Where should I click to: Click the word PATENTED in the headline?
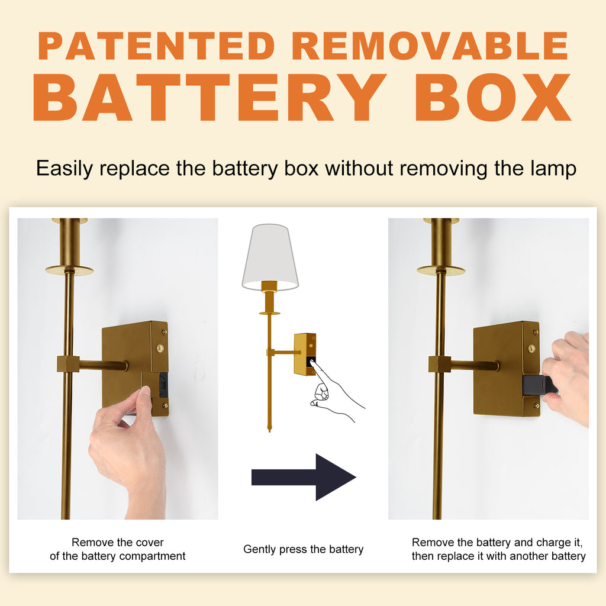click(x=156, y=46)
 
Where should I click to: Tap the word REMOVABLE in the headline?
click(x=430, y=46)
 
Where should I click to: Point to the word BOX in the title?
click(x=493, y=98)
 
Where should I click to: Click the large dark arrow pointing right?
click(x=304, y=477)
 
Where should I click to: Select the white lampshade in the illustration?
click(x=270, y=257)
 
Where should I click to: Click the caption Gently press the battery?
click(x=304, y=549)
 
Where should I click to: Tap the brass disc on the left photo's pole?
click(x=70, y=270)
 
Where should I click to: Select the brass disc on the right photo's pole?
click(x=441, y=270)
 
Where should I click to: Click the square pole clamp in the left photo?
click(x=68, y=364)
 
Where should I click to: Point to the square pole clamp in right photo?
click(x=440, y=364)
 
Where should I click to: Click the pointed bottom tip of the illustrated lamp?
click(x=269, y=430)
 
